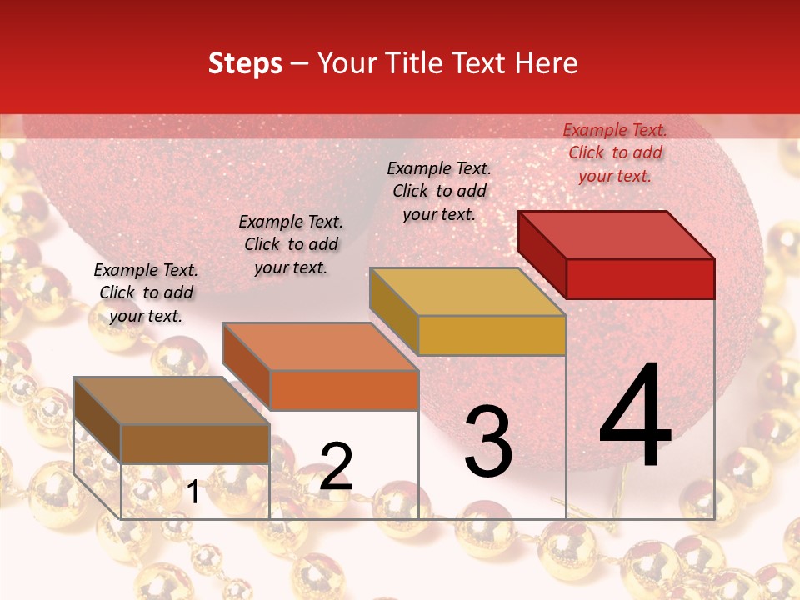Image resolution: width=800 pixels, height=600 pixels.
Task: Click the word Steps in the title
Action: (x=245, y=63)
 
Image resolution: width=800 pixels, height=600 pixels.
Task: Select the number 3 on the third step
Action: (x=487, y=441)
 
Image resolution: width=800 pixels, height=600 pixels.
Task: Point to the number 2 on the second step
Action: (x=336, y=466)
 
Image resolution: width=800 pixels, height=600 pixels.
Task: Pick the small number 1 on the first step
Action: (x=192, y=492)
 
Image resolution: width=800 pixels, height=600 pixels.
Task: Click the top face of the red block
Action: (x=617, y=234)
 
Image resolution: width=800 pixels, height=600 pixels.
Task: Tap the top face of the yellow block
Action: (x=467, y=292)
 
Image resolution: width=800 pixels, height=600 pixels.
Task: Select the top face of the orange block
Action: (x=320, y=347)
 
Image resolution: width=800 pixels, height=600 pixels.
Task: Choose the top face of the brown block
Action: (x=172, y=401)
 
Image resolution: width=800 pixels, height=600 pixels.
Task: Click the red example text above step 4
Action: (x=615, y=152)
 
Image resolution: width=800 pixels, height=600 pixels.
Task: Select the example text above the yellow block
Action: (x=439, y=191)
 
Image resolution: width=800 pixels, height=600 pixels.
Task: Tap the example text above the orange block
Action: (x=291, y=244)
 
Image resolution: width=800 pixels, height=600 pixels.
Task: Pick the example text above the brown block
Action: (x=146, y=292)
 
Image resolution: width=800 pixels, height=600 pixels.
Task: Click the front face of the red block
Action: (x=640, y=278)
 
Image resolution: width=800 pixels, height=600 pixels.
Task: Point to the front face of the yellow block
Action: (x=492, y=335)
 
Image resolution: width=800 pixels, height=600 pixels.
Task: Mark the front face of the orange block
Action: (x=343, y=390)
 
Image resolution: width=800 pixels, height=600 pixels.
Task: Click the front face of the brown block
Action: (x=195, y=443)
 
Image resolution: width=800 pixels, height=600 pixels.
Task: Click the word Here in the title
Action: (x=547, y=63)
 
